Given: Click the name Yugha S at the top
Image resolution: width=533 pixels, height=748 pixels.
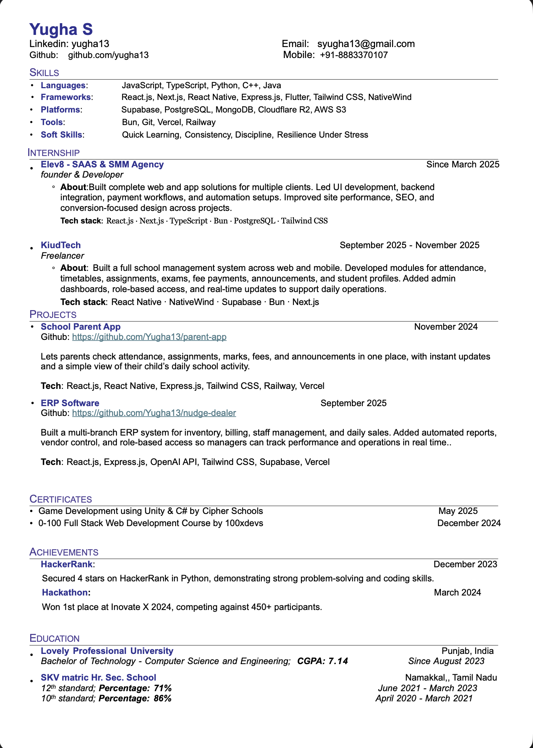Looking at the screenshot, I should click(x=61, y=30).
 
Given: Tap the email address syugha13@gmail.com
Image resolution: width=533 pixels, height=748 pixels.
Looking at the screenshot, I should click(x=366, y=44).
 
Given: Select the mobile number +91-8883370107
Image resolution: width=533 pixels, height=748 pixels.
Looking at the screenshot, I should click(x=354, y=55).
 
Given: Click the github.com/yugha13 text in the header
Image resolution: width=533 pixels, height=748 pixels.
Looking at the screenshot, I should click(x=108, y=55).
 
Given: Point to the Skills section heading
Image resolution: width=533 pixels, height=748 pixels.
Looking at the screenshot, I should click(x=44, y=73).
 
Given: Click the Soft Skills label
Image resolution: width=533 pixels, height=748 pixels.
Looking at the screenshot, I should click(x=62, y=135).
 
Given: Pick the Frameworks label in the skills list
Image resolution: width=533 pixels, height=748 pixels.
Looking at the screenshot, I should click(x=66, y=97).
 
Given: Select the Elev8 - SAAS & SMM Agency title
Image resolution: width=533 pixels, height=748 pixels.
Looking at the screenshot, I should click(x=102, y=165).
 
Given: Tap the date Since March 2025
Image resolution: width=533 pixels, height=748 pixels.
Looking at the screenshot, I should click(x=462, y=165).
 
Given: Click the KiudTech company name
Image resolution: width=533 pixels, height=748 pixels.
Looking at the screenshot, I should click(x=61, y=245).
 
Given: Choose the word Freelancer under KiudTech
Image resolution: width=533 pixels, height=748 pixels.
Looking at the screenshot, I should click(x=62, y=256).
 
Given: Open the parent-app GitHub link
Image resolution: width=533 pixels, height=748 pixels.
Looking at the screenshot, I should click(x=149, y=337).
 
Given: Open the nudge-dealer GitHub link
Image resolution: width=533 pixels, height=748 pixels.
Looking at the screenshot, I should click(x=154, y=413).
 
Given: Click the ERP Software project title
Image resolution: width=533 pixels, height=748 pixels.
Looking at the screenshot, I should click(x=70, y=403).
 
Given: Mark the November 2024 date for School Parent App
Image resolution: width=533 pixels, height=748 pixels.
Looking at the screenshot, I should click(x=446, y=327).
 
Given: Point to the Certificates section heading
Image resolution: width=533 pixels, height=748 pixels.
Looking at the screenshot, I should click(x=61, y=499).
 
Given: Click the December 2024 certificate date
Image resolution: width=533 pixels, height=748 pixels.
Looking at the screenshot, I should click(x=469, y=523).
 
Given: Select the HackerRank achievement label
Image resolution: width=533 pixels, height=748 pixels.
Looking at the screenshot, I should click(x=67, y=565).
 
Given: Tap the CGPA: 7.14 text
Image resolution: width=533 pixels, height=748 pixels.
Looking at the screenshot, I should click(x=323, y=661).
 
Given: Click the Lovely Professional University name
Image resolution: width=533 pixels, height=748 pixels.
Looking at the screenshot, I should click(x=107, y=651).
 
